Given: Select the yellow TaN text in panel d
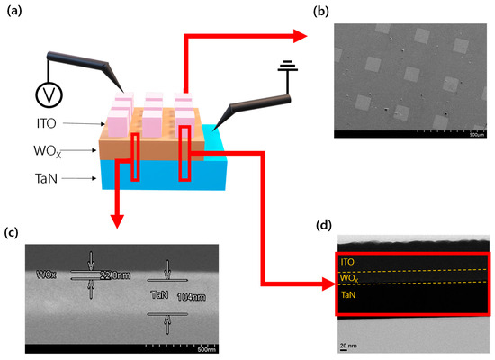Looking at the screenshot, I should click(x=346, y=292).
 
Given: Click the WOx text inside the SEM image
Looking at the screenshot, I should click(x=47, y=272).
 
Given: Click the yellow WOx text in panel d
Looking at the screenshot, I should click(x=346, y=277).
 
